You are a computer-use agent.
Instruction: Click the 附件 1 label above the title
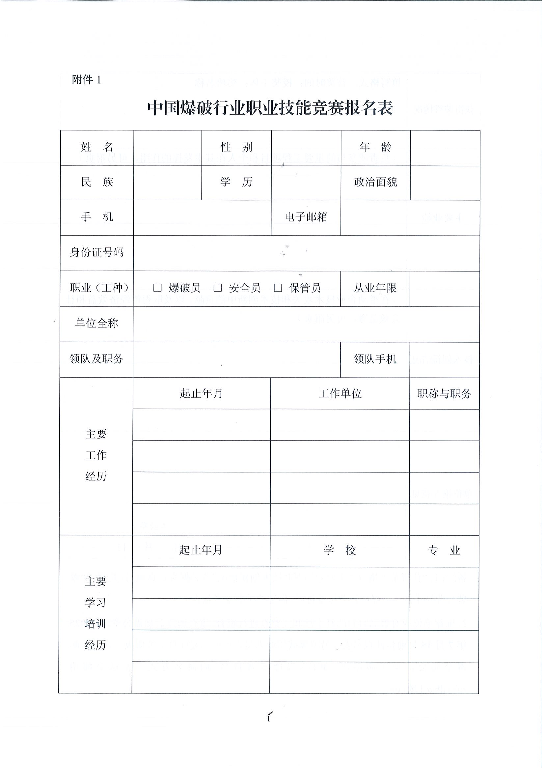click(x=86, y=80)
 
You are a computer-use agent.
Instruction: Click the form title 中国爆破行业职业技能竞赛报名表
click(x=270, y=108)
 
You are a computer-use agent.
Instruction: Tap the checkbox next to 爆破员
click(x=157, y=288)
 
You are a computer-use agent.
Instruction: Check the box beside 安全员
click(x=218, y=288)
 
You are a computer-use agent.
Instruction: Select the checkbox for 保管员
click(x=278, y=288)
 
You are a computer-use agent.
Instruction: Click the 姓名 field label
click(x=97, y=147)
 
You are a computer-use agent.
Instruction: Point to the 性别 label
click(x=236, y=147)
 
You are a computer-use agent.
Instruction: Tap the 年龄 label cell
click(x=375, y=147)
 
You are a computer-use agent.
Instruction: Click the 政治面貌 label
click(x=375, y=182)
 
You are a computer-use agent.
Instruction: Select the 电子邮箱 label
click(x=306, y=217)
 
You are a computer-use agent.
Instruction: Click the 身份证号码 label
click(x=96, y=252)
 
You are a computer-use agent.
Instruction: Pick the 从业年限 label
click(x=375, y=288)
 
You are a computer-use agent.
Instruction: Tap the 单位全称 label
click(x=96, y=323)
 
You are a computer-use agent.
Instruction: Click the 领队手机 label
click(x=375, y=359)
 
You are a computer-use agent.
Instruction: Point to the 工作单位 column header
click(x=340, y=393)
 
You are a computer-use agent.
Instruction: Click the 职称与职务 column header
click(x=444, y=394)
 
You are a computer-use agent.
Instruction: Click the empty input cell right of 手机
click(x=202, y=217)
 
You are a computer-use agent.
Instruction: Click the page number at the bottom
click(x=269, y=718)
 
